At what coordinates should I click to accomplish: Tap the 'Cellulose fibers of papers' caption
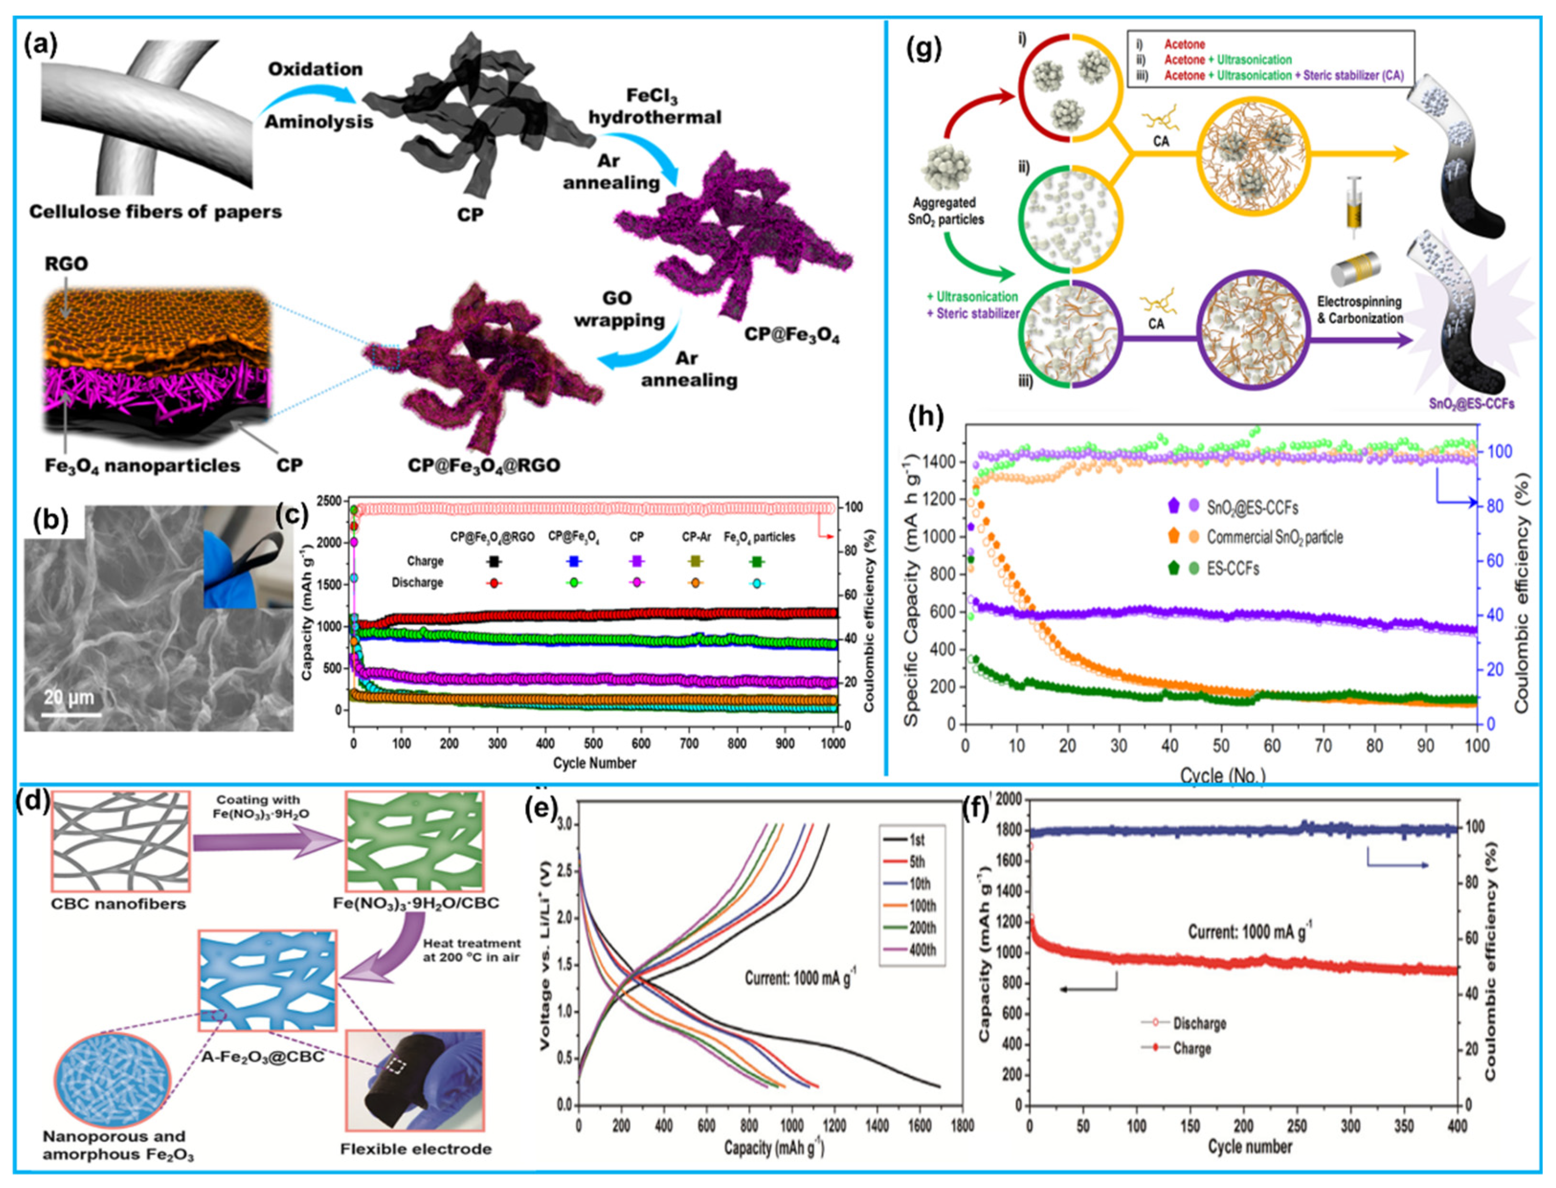(x=155, y=211)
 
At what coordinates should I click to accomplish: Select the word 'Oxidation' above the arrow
(x=315, y=69)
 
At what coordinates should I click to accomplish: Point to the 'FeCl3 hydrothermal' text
(x=654, y=106)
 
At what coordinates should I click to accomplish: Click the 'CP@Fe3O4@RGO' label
(x=484, y=466)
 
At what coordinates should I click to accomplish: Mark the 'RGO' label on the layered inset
(x=67, y=264)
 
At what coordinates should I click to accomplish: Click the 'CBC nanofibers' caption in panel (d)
(x=119, y=904)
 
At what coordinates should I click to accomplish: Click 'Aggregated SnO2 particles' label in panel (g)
(x=946, y=211)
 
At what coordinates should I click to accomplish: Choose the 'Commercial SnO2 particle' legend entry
(x=1275, y=537)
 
